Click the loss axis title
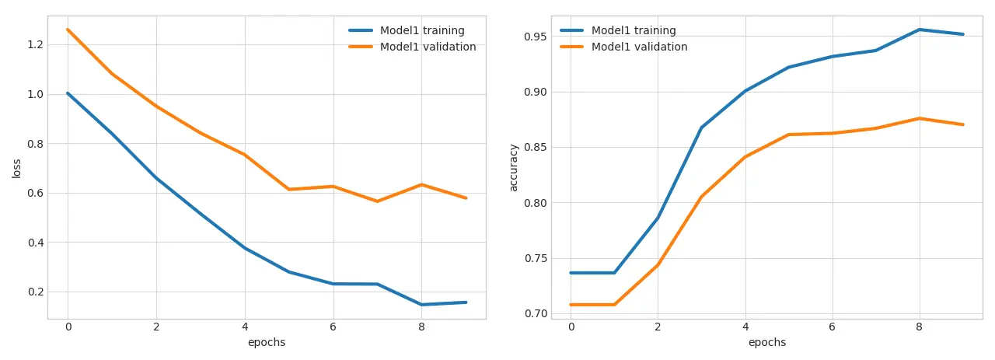click(16, 168)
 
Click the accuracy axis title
click(513, 167)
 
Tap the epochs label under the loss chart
click(267, 343)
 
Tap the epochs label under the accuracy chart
click(767, 343)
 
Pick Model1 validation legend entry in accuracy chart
click(639, 47)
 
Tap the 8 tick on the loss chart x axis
click(421, 327)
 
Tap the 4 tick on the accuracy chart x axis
click(745, 327)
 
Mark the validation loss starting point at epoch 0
click(68, 30)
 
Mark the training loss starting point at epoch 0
click(68, 93)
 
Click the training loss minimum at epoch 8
click(421, 305)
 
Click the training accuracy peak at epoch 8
click(919, 30)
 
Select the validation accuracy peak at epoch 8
click(919, 118)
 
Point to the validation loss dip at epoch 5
click(288, 189)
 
